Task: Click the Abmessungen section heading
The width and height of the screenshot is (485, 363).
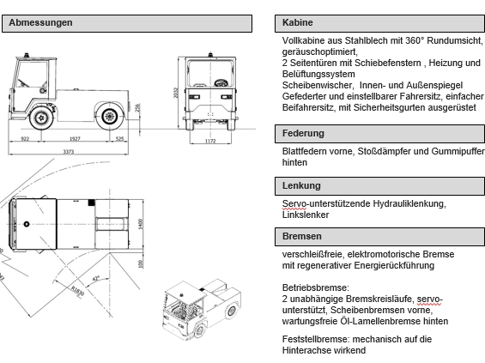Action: point(40,23)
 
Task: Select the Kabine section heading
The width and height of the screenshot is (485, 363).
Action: point(298,23)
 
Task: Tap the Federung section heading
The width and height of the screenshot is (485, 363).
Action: point(303,134)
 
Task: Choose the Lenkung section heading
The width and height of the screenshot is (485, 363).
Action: point(301,185)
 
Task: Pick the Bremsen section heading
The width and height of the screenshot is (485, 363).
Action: point(302,236)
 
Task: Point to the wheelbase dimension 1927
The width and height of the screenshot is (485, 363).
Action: point(75,137)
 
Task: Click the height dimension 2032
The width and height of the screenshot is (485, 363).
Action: point(175,92)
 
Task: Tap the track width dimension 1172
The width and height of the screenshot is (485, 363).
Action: point(209,140)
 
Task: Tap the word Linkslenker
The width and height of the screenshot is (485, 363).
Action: point(306,214)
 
